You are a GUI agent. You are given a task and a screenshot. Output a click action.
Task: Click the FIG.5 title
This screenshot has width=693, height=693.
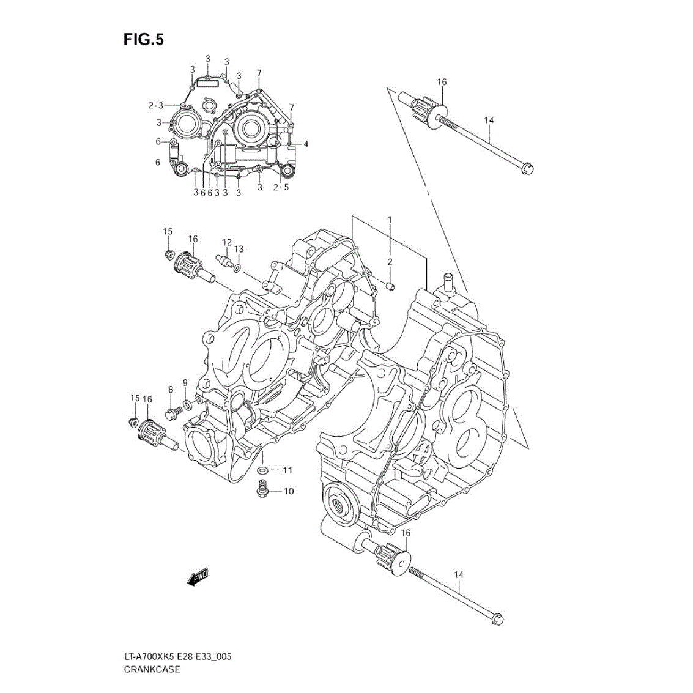coord(143,40)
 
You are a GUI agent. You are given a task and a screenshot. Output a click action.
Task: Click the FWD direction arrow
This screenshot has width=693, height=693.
coord(199,577)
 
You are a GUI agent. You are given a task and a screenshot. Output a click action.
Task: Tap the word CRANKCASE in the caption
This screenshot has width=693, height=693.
coord(151,669)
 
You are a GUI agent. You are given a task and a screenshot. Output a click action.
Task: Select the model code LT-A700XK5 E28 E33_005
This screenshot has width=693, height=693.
coord(177,657)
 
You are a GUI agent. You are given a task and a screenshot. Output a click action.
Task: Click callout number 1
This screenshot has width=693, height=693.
coord(389,220)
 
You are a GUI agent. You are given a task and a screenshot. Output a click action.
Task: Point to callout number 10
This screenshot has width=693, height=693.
coord(288,491)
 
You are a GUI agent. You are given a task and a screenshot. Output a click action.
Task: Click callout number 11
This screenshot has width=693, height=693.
coord(287,470)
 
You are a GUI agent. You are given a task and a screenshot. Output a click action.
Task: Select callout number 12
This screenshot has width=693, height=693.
coord(226,242)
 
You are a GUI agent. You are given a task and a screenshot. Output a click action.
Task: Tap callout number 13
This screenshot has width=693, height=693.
coord(239,249)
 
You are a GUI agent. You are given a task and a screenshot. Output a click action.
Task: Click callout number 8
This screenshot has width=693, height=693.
coord(171,389)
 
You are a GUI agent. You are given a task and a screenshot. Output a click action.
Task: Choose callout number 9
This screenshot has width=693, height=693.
coord(184,384)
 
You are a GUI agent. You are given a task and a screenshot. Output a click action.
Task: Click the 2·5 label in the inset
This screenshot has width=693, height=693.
coord(281,187)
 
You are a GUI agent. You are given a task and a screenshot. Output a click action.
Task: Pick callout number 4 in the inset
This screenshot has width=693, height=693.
coord(305,144)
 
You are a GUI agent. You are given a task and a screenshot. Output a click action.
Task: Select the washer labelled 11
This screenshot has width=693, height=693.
coord(262,470)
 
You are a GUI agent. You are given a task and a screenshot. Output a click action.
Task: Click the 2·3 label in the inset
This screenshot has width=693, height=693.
coord(155,106)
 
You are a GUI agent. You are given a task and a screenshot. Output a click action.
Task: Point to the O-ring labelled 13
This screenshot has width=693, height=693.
coord(237,267)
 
